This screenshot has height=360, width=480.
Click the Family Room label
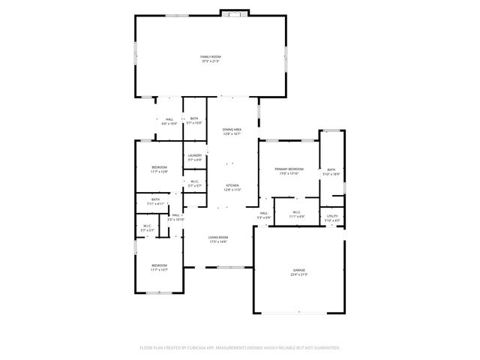[211, 57]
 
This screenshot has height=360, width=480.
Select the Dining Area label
[232, 130]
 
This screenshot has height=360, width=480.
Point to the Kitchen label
[232, 184]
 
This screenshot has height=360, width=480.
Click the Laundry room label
[194, 155]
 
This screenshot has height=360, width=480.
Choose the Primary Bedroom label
[289, 169]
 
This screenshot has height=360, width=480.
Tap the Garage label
[298, 270]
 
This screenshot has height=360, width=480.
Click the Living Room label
[217, 237]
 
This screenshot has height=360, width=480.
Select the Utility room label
[332, 216]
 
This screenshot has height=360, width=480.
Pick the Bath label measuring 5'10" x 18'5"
[331, 169]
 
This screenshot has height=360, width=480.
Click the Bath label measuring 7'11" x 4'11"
[155, 199]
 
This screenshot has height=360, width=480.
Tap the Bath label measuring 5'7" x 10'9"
[193, 118]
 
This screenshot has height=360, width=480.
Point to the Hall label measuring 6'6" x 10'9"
[169, 119]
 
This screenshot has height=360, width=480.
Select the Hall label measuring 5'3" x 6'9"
[264, 213]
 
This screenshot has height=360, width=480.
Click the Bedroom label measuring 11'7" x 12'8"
[159, 167]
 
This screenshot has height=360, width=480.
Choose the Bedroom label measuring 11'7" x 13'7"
[159, 266]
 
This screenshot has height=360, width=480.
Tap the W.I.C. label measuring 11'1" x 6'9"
[296, 212]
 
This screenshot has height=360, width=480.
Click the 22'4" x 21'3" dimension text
[298, 274]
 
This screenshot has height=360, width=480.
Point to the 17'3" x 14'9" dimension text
[217, 241]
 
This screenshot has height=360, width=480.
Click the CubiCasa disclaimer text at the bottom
[240, 348]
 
